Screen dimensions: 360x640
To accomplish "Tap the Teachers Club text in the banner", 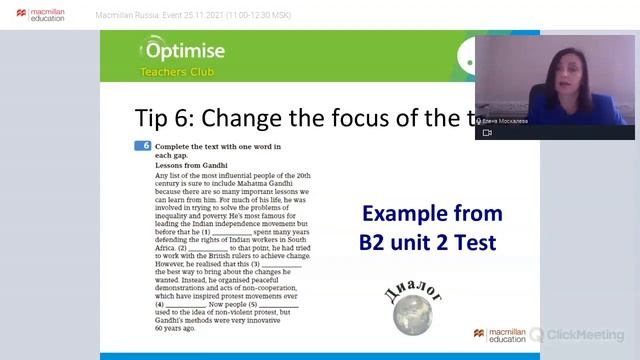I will click(x=168, y=72).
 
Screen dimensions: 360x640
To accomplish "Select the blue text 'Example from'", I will click(x=430, y=214).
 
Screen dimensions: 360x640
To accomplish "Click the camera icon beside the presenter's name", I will click(x=487, y=132).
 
